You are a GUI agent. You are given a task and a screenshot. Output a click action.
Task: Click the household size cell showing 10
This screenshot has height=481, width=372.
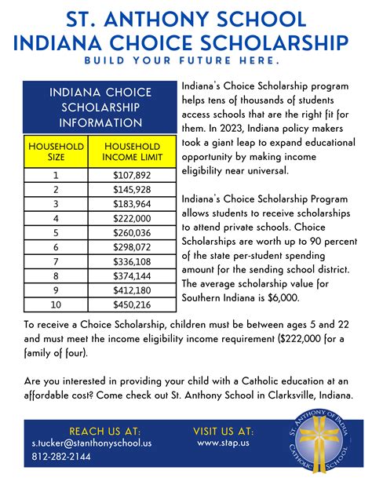(x=55, y=305)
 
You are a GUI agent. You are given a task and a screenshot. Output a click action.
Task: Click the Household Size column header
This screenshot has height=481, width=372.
(x=55, y=152)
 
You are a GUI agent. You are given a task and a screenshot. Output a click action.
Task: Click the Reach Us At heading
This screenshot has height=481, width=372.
(x=104, y=431)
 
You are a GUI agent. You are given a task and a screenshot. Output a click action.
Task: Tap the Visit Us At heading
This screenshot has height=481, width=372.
(x=224, y=431)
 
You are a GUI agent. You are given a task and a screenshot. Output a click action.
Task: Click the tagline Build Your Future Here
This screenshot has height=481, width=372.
(x=185, y=60)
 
